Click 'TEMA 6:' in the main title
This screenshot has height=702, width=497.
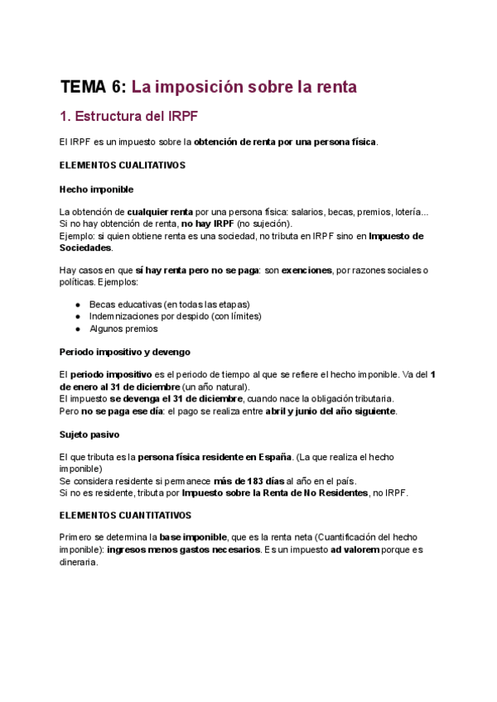tap(94, 87)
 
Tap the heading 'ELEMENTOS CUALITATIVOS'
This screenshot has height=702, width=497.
tap(122, 166)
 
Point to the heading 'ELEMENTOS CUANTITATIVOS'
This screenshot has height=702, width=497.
tap(125, 514)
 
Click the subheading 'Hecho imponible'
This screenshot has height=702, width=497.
tap(96, 190)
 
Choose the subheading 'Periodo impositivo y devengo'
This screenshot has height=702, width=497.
tap(124, 352)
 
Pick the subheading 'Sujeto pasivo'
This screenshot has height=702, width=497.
tap(89, 434)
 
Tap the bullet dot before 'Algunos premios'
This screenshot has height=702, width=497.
tap(78, 329)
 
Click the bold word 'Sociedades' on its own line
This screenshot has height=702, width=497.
tap(85, 248)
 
